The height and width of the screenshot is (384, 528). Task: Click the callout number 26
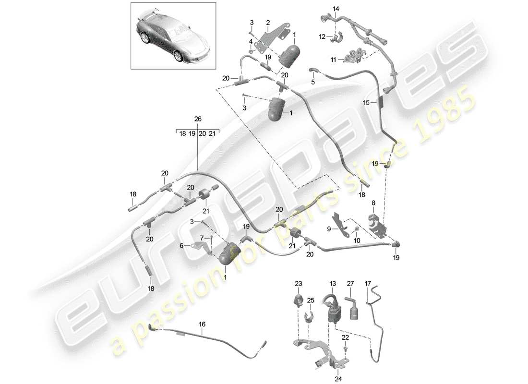click(198, 119)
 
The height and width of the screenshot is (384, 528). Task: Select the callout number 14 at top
click(336, 9)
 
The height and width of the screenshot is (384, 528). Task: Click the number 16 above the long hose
click(202, 324)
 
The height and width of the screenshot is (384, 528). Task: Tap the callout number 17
click(368, 283)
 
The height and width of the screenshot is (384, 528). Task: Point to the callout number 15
click(366, 103)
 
